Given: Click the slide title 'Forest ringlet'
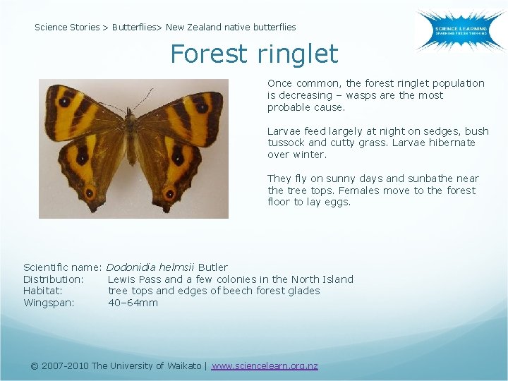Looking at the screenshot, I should (254, 54).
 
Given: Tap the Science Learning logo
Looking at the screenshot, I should (459, 30).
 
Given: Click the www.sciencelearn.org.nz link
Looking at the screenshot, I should (265, 365).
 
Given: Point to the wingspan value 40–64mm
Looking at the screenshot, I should (133, 303).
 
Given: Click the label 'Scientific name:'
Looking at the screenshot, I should (63, 267).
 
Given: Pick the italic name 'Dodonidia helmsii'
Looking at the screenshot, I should (150, 267).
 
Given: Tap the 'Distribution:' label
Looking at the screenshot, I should (54, 279).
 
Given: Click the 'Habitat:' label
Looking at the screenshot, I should (43, 291).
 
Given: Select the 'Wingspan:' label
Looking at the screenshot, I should (49, 303).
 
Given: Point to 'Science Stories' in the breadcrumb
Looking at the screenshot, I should (67, 28).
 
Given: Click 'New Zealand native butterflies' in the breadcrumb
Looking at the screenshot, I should (231, 28).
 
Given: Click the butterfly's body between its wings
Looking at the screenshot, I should (131, 134).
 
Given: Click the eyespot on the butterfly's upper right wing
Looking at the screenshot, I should (202, 108).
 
